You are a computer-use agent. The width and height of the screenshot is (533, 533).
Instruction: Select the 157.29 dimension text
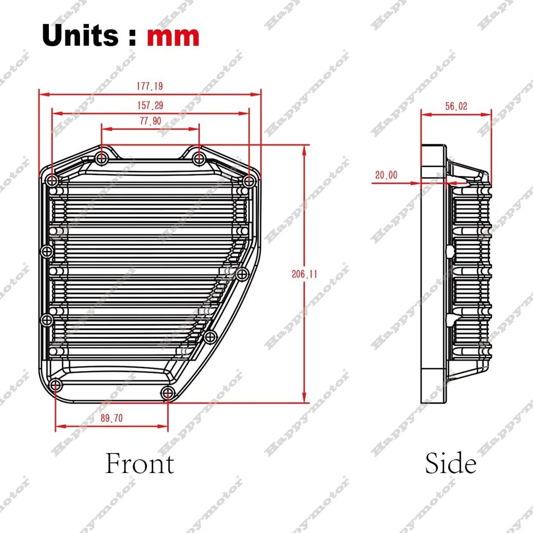click(x=150, y=105)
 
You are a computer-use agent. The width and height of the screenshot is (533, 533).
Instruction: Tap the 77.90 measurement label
click(x=150, y=122)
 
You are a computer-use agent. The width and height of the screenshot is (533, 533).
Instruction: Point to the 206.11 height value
click(x=305, y=273)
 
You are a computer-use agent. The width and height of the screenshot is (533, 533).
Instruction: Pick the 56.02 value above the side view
click(x=456, y=107)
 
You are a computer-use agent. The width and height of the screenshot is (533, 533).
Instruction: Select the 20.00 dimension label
click(x=386, y=175)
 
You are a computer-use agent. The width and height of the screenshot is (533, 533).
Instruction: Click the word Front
click(x=139, y=464)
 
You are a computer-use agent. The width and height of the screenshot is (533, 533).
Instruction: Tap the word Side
click(x=450, y=464)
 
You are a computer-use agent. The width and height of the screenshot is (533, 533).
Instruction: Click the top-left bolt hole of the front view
click(x=52, y=180)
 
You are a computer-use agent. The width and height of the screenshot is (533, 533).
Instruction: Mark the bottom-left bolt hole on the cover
click(x=54, y=386)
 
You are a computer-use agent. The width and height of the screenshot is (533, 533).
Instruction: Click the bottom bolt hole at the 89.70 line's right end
click(x=167, y=394)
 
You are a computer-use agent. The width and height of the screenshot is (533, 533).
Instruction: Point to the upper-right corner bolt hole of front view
click(x=249, y=180)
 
